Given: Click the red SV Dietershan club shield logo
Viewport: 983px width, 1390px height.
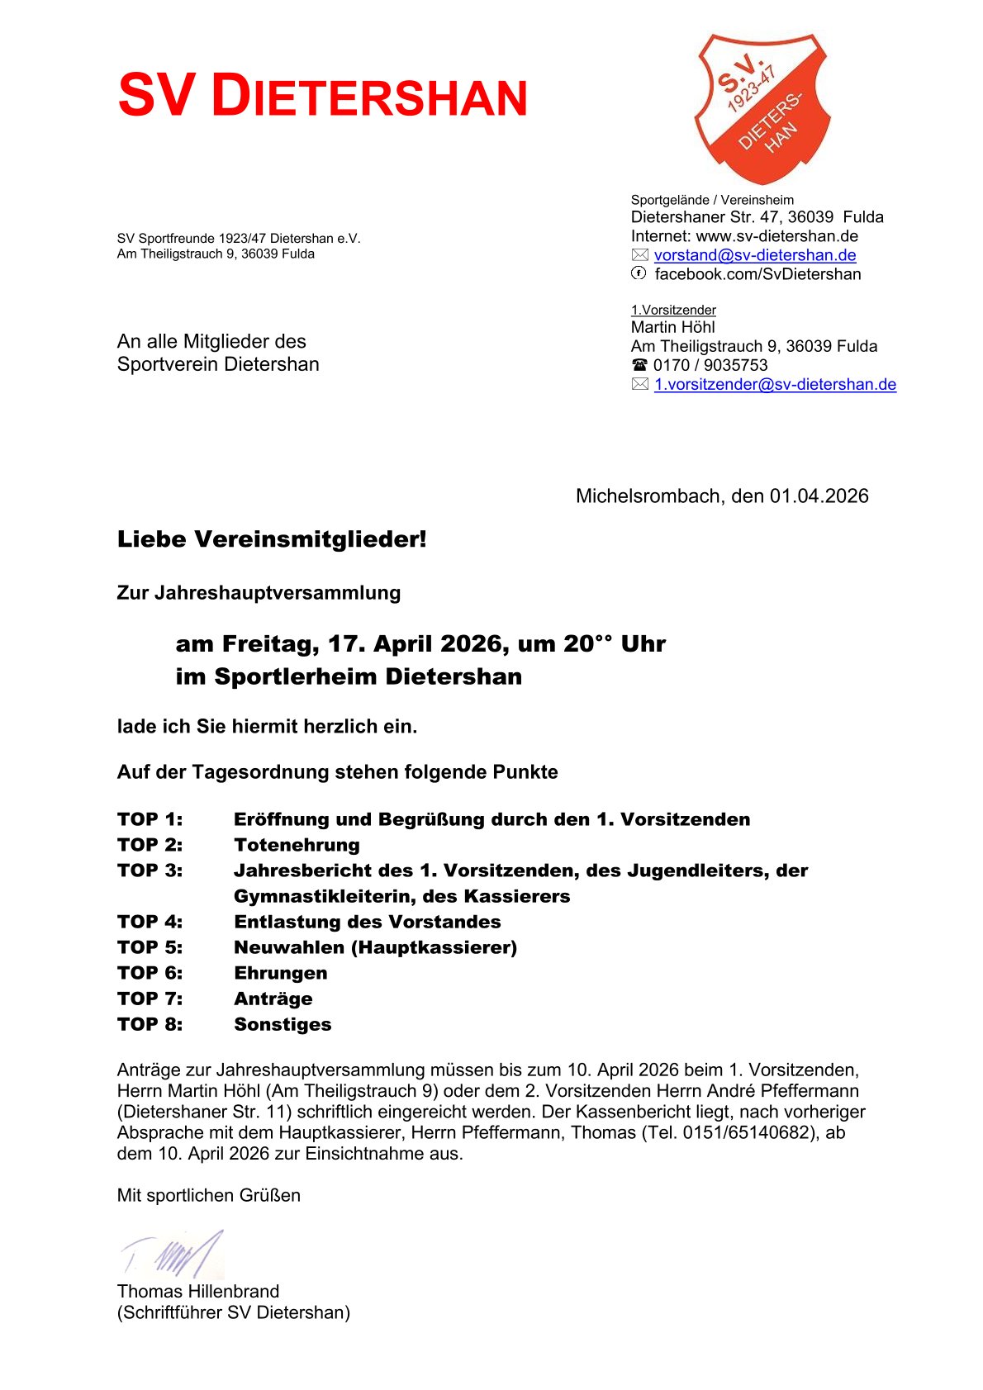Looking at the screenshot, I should [x=762, y=107].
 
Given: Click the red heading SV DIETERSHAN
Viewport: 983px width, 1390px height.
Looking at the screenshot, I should [x=322, y=96].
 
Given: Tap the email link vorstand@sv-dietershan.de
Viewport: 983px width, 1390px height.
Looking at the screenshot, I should [x=754, y=255].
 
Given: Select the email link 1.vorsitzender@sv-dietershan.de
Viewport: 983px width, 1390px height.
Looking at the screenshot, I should [x=775, y=384].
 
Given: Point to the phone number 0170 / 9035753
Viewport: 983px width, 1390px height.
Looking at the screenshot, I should [x=710, y=365].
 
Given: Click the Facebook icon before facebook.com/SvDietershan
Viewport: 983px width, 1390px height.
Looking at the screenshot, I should [x=639, y=273].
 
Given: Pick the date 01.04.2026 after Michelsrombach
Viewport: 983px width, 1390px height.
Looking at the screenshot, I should [x=819, y=496].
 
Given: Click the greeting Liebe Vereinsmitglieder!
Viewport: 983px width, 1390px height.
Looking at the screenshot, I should [x=272, y=539].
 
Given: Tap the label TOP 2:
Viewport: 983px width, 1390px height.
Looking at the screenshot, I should [x=150, y=845].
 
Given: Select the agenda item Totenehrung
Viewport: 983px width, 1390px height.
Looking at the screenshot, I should [x=297, y=845].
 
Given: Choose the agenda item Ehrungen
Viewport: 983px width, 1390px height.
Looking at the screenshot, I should [x=280, y=973].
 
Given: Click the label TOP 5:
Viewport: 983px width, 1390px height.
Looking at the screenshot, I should [x=150, y=947].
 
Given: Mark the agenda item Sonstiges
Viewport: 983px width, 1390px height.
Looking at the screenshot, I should [x=283, y=1024].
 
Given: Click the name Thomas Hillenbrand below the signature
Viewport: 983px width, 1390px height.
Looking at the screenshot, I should [x=198, y=1291].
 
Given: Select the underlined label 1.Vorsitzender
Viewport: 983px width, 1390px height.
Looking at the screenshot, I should [x=673, y=310].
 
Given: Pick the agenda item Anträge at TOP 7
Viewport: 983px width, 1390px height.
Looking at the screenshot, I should [x=273, y=999].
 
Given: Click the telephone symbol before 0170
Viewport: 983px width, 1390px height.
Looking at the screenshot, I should [x=639, y=365].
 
